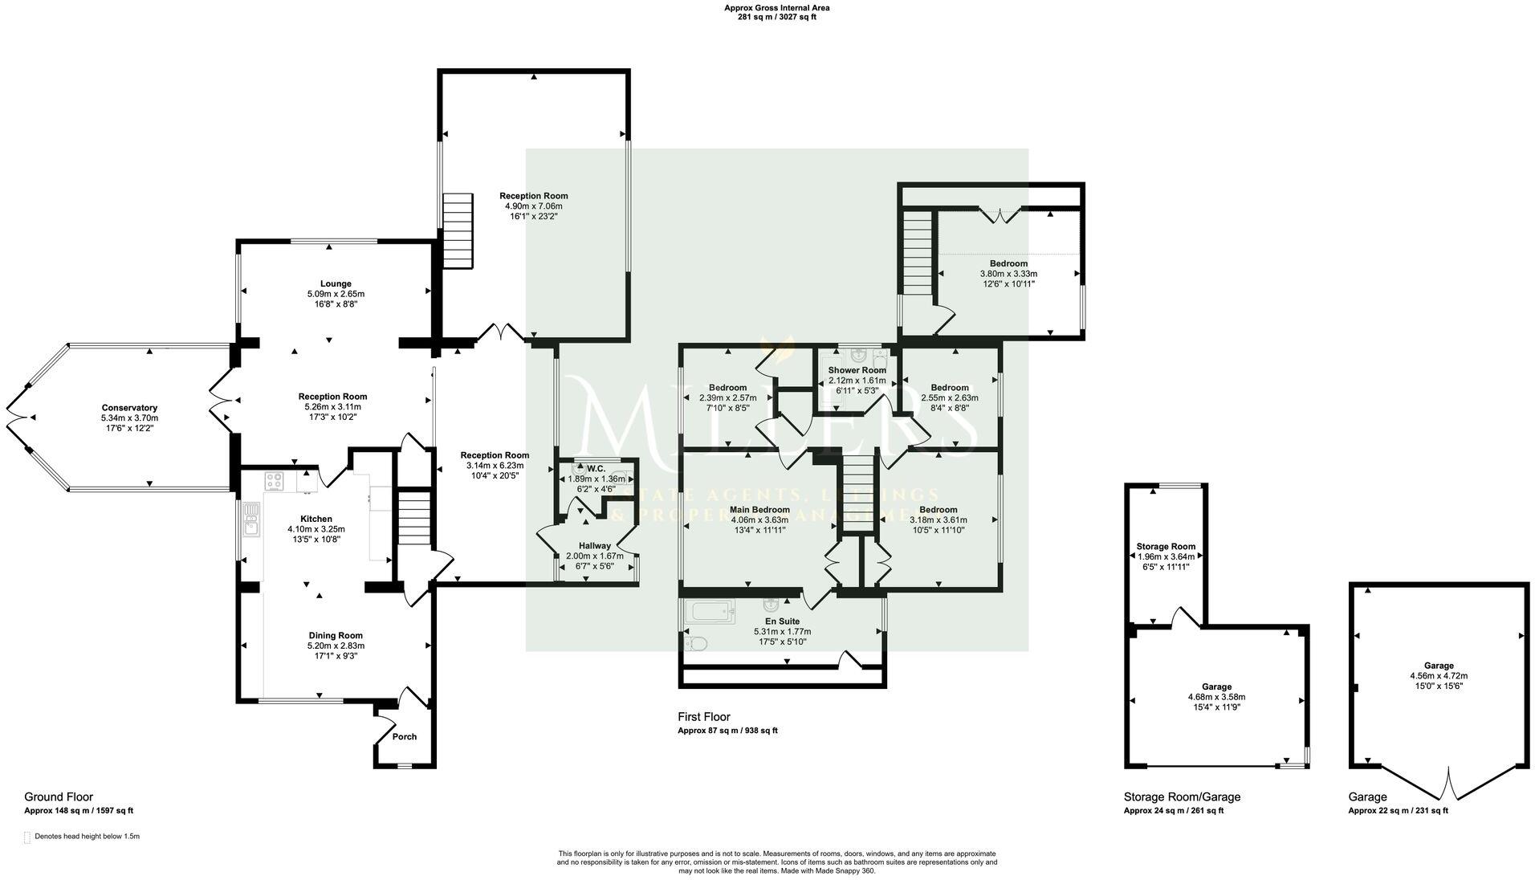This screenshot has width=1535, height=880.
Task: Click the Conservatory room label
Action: coord(129,408)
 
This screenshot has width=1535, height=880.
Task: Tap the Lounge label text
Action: coord(336,283)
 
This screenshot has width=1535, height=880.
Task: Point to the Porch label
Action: coord(405,736)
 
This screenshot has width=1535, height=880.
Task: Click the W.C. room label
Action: coord(596,469)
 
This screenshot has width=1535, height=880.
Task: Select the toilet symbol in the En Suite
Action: coord(695,643)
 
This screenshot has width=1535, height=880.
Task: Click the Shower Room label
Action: coord(857,370)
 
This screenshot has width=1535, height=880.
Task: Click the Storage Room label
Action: coord(1166,547)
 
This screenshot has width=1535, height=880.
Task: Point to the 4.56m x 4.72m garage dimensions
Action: coord(1439,676)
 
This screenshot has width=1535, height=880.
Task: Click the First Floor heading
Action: coord(703,717)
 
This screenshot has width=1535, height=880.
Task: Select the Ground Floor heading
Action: coord(59,796)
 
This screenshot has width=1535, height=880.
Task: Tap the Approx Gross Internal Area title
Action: coord(776,8)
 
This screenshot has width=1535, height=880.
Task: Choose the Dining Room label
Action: coord(335,635)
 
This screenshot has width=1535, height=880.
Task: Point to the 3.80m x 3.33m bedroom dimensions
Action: coord(1008,274)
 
